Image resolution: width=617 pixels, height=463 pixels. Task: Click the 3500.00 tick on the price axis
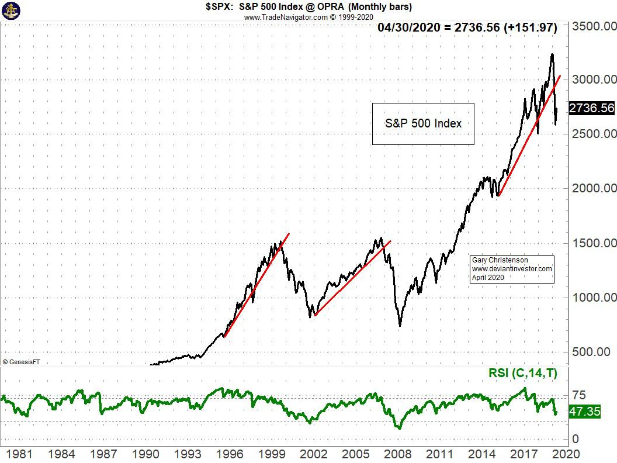click(x=594, y=27)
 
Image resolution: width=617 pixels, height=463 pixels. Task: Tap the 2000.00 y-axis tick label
click(x=594, y=188)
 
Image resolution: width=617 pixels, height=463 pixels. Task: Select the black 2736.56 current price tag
click(x=591, y=108)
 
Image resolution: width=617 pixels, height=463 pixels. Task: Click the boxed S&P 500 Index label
click(x=423, y=123)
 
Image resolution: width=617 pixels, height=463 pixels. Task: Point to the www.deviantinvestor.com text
click(x=512, y=269)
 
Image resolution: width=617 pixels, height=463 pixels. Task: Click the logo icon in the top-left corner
click(x=11, y=10)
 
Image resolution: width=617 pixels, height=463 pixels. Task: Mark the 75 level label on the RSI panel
click(x=578, y=396)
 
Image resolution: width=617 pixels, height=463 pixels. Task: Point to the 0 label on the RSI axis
click(x=576, y=439)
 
